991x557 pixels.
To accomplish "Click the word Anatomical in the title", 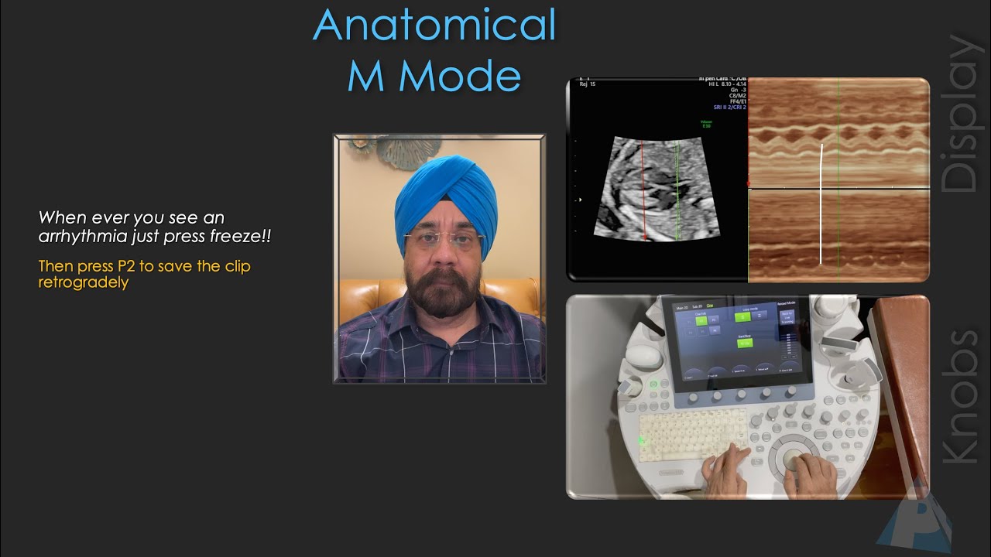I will pos(434,25).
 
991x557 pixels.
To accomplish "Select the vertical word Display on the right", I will pos(961,114).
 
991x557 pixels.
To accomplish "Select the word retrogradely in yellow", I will pos(83,282).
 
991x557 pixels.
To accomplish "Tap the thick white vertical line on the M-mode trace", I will pos(821,204).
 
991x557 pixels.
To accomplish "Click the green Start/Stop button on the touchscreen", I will pos(745,342).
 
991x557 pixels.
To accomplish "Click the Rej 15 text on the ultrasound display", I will pos(588,84).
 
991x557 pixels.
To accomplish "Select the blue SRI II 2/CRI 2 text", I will pos(729,108).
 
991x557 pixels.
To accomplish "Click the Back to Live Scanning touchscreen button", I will pos(787,316).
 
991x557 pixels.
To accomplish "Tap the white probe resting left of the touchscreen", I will pos(644,356).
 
